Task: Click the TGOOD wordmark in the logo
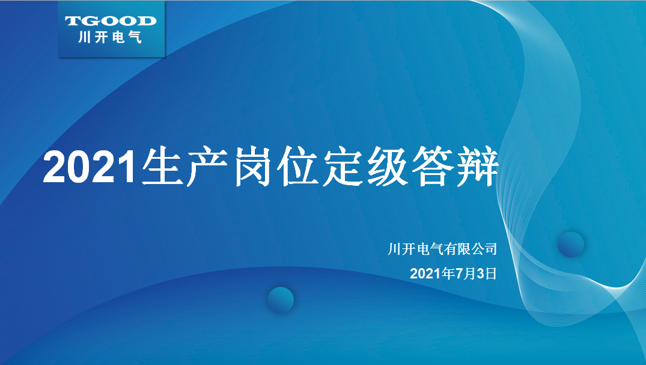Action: click(x=111, y=21)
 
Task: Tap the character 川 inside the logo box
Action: click(x=84, y=37)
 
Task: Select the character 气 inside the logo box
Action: click(x=135, y=37)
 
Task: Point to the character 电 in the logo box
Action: click(x=118, y=37)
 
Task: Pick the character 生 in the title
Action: click(x=162, y=166)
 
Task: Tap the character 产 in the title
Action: click(x=207, y=166)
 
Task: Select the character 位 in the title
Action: click(x=297, y=166)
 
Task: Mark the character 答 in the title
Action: click(x=433, y=166)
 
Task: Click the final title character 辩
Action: click(x=478, y=166)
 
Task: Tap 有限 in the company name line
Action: click(x=457, y=249)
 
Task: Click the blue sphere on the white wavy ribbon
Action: click(x=571, y=244)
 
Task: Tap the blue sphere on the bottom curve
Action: click(x=281, y=300)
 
